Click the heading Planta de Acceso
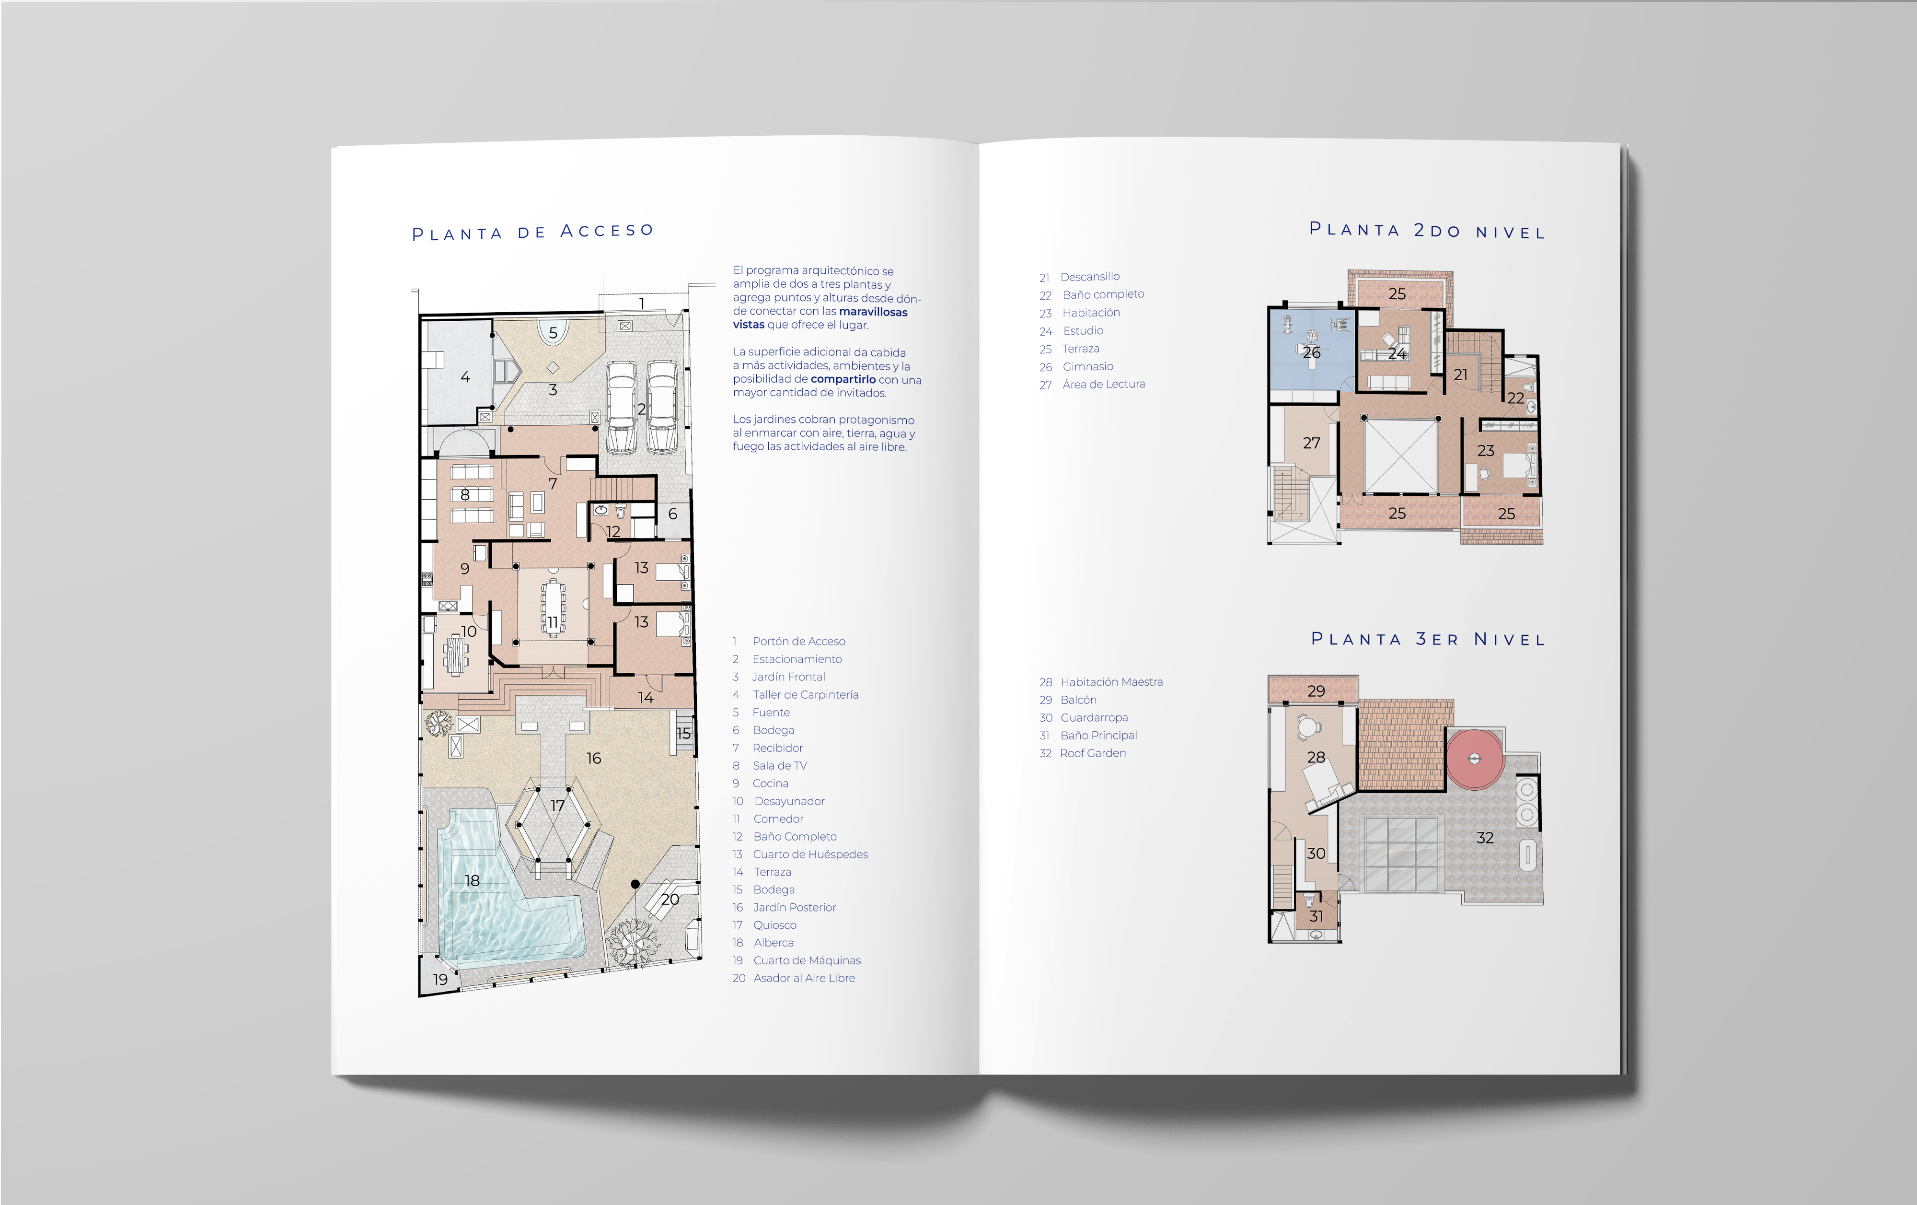[x=532, y=232]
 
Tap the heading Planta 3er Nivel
[x=1427, y=640]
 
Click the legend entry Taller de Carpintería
[x=804, y=694]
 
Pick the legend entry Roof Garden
[x=1092, y=753]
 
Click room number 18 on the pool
[x=472, y=880]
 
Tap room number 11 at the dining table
[x=553, y=622]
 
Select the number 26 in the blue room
[x=1311, y=352]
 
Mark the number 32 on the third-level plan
[x=1485, y=838]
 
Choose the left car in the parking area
[x=621, y=406]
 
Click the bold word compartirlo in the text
[x=842, y=379]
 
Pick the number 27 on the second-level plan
[x=1311, y=443]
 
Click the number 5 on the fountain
[x=553, y=333]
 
